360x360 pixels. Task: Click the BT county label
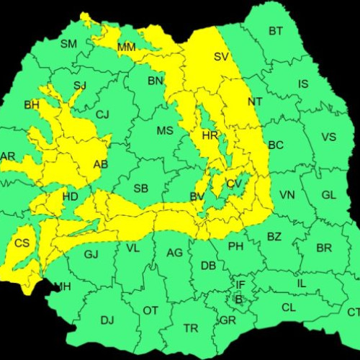click(276, 31)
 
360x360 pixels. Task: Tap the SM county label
click(68, 44)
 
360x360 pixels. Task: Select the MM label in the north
click(126, 48)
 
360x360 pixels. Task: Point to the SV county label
click(221, 57)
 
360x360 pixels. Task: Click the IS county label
click(303, 85)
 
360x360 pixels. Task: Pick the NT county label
click(255, 102)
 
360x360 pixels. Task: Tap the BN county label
click(156, 81)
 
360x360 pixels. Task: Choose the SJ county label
click(80, 86)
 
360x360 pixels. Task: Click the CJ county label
click(103, 114)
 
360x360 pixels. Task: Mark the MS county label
click(165, 131)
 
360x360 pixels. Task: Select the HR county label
click(210, 135)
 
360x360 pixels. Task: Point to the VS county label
click(328, 138)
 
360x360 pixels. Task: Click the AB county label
click(101, 164)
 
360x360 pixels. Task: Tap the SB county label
click(141, 189)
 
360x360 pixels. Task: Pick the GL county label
click(328, 195)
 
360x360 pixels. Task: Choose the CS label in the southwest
click(22, 243)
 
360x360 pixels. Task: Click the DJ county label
click(107, 320)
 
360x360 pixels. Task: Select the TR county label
click(191, 328)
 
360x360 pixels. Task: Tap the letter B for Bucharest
click(238, 299)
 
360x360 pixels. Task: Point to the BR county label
click(324, 248)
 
